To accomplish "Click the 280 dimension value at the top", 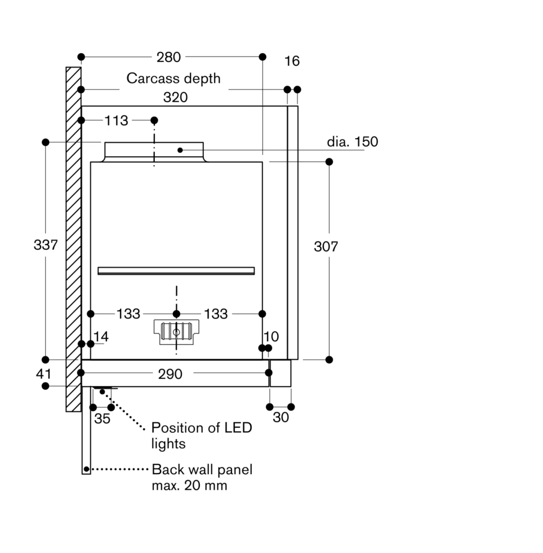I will pyautogui.click(x=169, y=57).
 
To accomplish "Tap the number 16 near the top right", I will pyautogui.click(x=292, y=61).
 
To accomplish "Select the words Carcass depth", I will pyautogui.click(x=173, y=78).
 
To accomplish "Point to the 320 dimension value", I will pyautogui.click(x=175, y=97).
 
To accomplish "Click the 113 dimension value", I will pyautogui.click(x=116, y=121).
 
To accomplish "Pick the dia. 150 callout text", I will pyautogui.click(x=352, y=141).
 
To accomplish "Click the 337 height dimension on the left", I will pyautogui.click(x=46, y=245).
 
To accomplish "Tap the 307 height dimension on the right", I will pyautogui.click(x=326, y=247).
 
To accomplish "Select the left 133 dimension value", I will pyautogui.click(x=128, y=314).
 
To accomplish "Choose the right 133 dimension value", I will pyautogui.click(x=216, y=314).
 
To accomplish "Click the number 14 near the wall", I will pyautogui.click(x=101, y=336).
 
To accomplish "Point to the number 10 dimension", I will pyautogui.click(x=271, y=336).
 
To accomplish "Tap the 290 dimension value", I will pyautogui.click(x=170, y=374).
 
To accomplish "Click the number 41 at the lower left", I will pyautogui.click(x=44, y=374).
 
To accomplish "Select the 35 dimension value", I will pyautogui.click(x=102, y=418).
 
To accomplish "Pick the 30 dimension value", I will pyautogui.click(x=280, y=417).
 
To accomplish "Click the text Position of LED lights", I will pyautogui.click(x=201, y=435).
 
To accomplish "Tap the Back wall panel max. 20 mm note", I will pyautogui.click(x=202, y=477).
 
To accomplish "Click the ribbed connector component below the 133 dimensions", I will pyautogui.click(x=176, y=332).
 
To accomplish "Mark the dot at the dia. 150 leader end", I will pyautogui.click(x=180, y=150).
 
